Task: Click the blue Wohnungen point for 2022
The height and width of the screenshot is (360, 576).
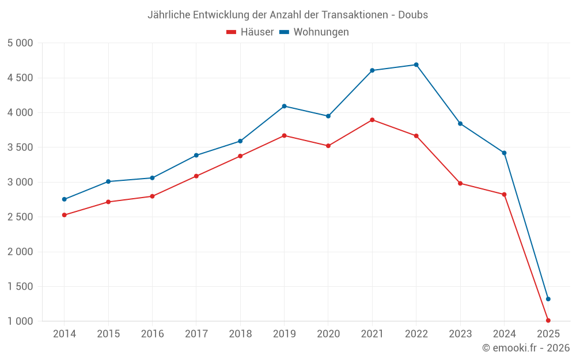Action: (x=416, y=65)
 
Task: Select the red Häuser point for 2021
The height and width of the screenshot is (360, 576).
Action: (x=372, y=120)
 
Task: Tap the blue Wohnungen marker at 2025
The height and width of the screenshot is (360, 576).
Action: (x=548, y=299)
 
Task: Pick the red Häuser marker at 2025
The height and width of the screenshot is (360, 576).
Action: (x=548, y=320)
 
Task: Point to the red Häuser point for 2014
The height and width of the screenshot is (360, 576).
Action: (x=64, y=215)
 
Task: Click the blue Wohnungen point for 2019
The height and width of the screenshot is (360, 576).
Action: (x=284, y=106)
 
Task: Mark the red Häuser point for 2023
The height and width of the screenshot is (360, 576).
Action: (x=460, y=183)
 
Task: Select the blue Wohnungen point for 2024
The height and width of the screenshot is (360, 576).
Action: (x=504, y=153)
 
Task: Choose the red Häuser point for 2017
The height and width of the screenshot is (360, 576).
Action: (x=196, y=176)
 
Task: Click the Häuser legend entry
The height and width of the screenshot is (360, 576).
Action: (x=251, y=32)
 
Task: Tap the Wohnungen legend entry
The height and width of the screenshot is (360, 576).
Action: (x=314, y=32)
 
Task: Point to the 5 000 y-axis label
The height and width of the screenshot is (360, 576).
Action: (x=21, y=43)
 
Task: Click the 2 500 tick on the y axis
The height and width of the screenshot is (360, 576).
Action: (x=21, y=217)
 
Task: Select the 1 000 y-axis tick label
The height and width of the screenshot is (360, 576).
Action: (x=21, y=321)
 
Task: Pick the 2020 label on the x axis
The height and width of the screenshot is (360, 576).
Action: (x=328, y=334)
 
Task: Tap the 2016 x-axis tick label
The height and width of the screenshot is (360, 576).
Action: (x=152, y=334)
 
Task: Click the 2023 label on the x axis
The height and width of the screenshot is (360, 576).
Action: (x=460, y=334)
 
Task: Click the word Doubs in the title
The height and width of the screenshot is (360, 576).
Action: (x=413, y=15)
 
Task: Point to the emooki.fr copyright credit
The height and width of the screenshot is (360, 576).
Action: (x=526, y=348)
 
